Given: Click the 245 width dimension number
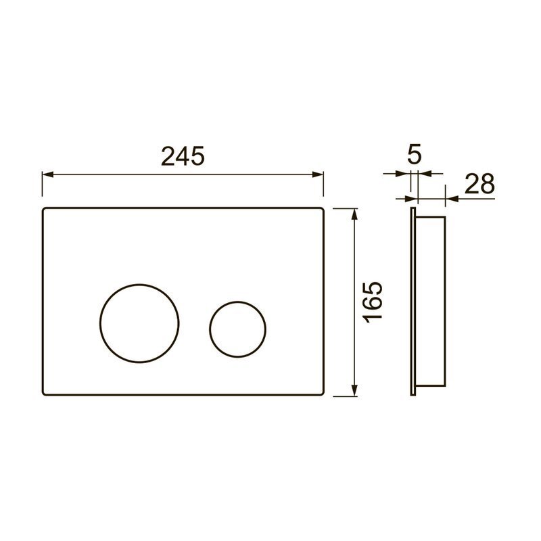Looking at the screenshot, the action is coord(183,156).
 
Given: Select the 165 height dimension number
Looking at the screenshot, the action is coord(374,302).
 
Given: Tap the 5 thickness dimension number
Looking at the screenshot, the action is coord(415,156).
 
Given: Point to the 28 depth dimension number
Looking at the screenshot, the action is coord(479,183).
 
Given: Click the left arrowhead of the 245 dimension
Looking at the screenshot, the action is coord(47,174).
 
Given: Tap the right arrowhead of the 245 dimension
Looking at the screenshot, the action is coord(318,174).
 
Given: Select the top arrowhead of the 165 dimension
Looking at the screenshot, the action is coord(354,214).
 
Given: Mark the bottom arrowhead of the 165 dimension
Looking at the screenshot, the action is coord(354,391).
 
